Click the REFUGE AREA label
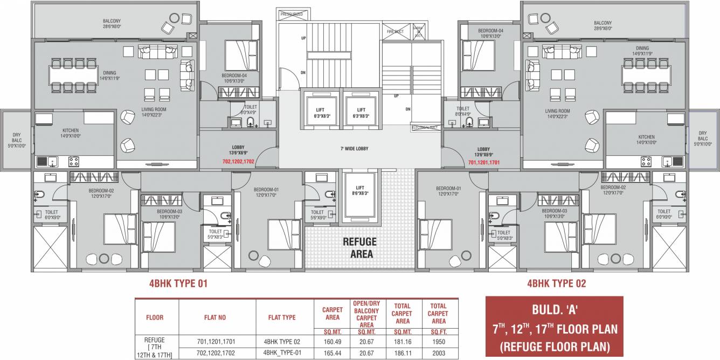[359, 248]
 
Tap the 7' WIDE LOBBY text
[354, 149]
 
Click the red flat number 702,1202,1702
[238, 161]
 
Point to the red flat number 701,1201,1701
[483, 161]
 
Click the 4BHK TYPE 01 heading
[178, 283]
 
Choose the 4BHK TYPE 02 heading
[556, 283]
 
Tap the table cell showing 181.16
[401, 342]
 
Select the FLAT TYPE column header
[282, 317]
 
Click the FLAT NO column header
[215, 317]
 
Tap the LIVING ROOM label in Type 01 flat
[151, 111]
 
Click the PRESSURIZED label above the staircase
[292, 14]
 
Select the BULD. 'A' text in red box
[554, 311]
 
